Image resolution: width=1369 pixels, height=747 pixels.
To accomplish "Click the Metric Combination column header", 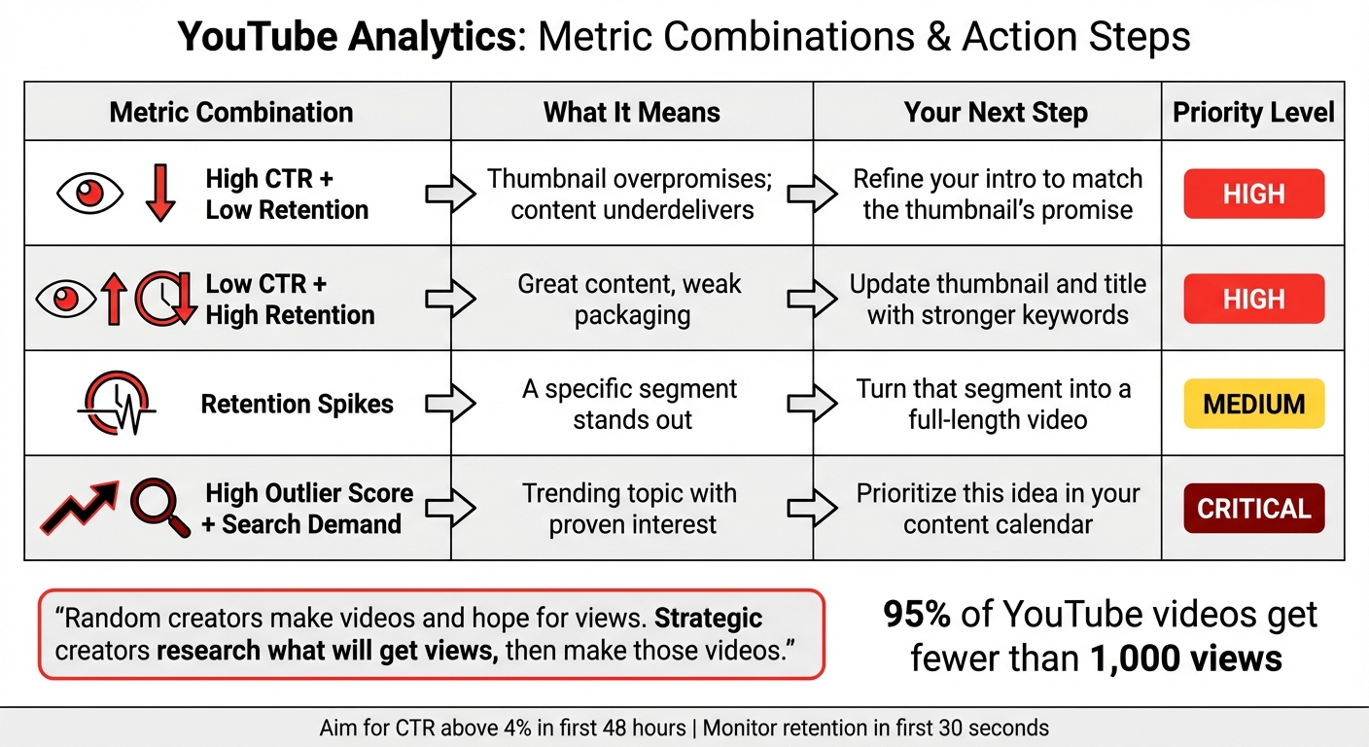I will (x=231, y=112).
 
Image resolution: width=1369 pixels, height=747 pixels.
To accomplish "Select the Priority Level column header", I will (x=1253, y=112).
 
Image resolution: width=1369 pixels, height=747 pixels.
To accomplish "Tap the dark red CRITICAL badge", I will (x=1253, y=509).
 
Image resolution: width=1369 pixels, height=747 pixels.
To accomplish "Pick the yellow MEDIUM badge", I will (x=1253, y=404).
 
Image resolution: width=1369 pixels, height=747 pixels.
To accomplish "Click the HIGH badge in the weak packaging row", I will (x=1253, y=299).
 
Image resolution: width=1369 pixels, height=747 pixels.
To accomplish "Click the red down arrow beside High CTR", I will (x=159, y=194).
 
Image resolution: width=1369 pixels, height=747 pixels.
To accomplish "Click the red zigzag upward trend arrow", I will (x=80, y=508).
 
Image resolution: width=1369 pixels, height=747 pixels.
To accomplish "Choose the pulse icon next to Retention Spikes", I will (x=116, y=404).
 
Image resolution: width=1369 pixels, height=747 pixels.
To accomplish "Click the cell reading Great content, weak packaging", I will (x=630, y=299).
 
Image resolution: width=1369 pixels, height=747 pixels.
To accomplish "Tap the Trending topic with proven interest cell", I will (x=630, y=509).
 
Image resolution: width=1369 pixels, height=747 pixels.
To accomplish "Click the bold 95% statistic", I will (x=917, y=616).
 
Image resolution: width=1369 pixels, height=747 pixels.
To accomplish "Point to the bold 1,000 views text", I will (x=1185, y=658).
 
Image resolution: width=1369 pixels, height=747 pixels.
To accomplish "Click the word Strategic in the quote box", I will (x=708, y=619).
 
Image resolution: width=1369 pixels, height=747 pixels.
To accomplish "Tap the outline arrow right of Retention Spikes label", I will (x=450, y=404).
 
